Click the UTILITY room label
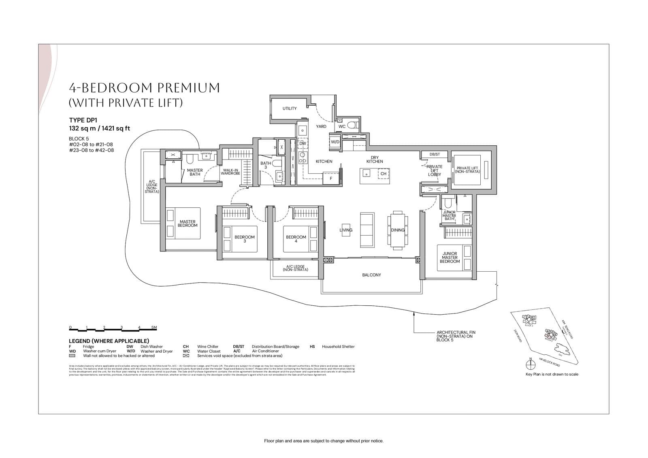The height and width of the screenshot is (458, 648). coord(290,109)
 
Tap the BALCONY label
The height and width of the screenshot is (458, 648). coord(371,275)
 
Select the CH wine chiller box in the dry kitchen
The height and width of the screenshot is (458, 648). coord(383,174)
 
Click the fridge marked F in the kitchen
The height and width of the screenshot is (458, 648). coord(331,178)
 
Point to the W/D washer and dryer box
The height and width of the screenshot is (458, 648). coord(335,142)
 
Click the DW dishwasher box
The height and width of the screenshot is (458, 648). coord(303,143)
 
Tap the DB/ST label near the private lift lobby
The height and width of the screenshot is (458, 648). coord(435,154)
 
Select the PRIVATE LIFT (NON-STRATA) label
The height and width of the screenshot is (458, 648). coord(467,170)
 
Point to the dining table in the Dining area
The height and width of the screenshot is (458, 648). coord(397,230)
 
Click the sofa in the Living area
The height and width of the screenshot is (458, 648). coord(367,230)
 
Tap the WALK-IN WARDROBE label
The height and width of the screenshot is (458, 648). coord(230,172)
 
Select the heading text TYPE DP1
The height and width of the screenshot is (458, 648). coord(83,120)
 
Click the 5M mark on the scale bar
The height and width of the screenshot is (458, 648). coord(154,327)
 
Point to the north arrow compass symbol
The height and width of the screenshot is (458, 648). coord(530,364)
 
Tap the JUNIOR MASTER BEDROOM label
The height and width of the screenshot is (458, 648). coord(450,258)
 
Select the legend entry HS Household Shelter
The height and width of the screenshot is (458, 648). coord(332,347)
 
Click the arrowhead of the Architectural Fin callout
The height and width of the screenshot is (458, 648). coord(414,312)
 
